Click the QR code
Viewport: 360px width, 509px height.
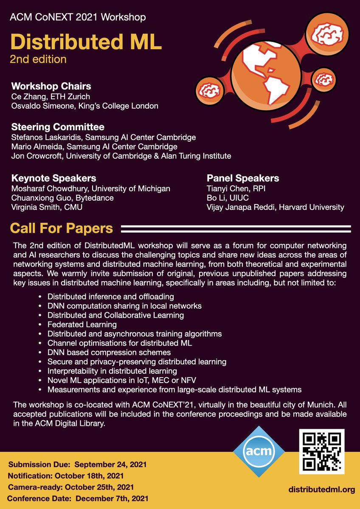[321, 451]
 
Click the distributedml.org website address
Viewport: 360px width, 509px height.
[322, 489]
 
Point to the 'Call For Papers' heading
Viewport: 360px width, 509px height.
[62, 229]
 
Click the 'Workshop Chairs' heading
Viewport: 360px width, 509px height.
[51, 87]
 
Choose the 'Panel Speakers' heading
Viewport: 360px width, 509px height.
[243, 178]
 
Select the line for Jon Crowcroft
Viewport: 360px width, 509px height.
[121, 156]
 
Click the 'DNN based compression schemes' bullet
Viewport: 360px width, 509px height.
[109, 352]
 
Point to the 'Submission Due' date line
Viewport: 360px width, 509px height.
[77, 464]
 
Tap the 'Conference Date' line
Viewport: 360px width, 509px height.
[78, 498]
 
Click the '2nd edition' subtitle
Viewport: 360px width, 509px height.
[38, 59]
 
